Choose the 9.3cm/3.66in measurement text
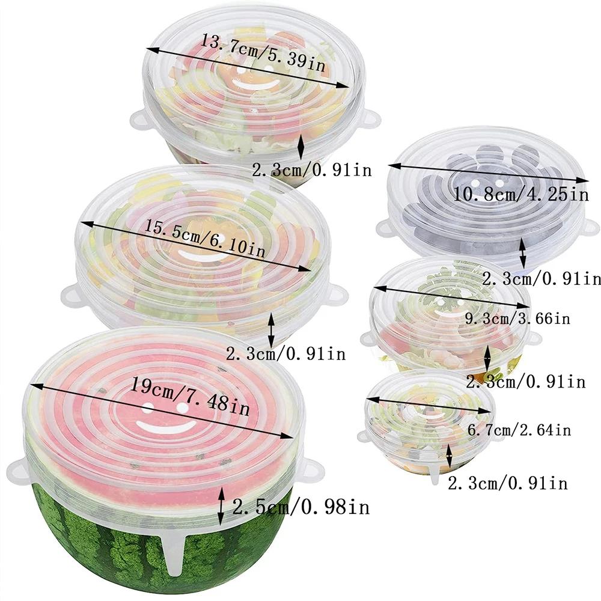pyautogui.click(x=517, y=317)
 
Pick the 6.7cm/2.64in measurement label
pyautogui.click(x=519, y=429)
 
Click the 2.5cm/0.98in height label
pyautogui.click(x=300, y=507)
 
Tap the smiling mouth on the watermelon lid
pyautogui.click(x=165, y=427)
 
